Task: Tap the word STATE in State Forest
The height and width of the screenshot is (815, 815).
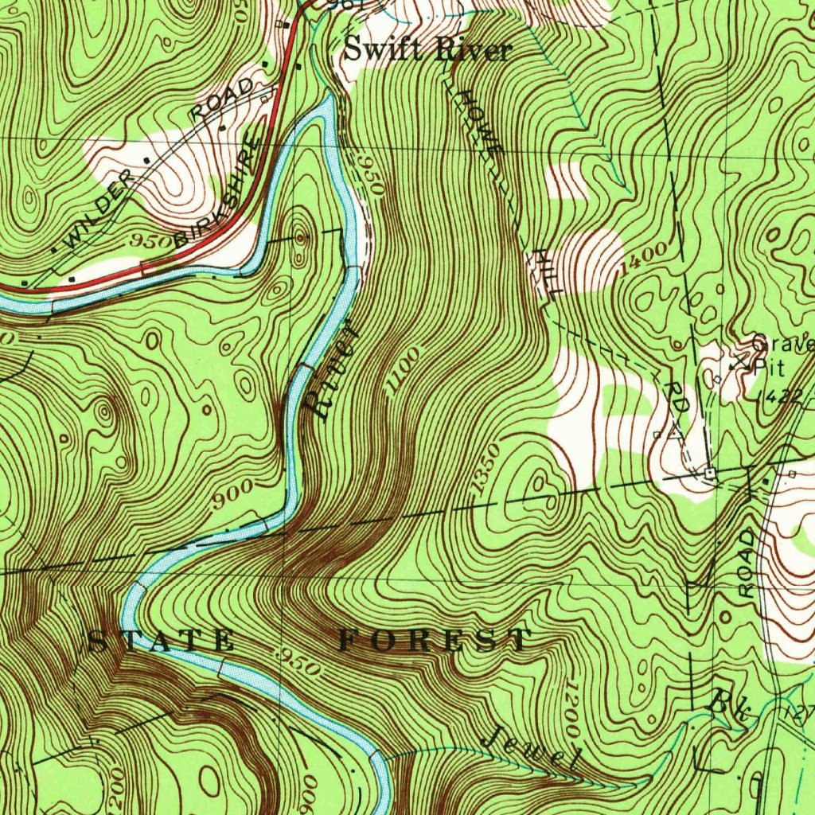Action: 161,641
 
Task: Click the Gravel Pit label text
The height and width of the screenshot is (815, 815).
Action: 780,354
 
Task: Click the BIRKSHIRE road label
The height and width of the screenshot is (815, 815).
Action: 219,193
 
